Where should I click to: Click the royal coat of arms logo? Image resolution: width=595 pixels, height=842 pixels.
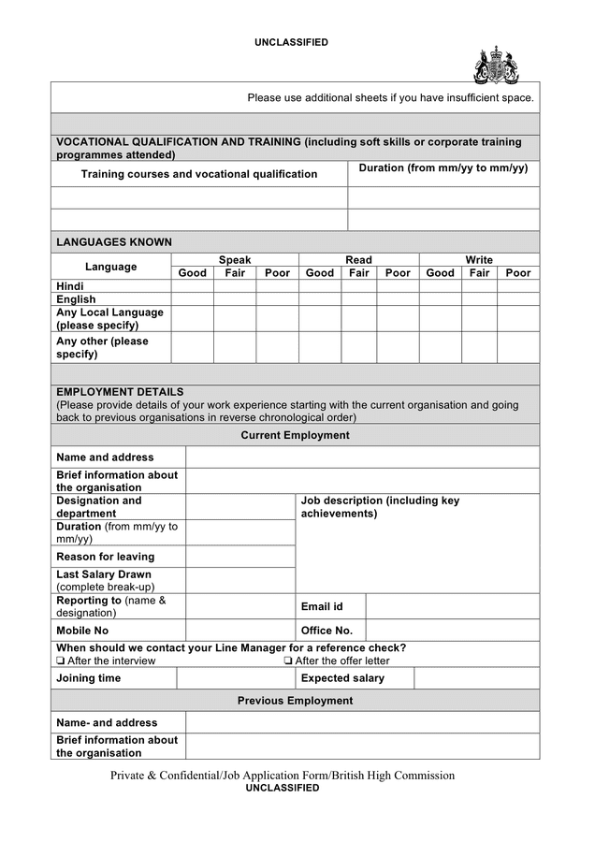(496, 65)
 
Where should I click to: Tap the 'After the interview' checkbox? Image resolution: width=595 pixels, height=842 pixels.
(61, 661)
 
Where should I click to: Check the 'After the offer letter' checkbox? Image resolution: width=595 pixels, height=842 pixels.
(288, 661)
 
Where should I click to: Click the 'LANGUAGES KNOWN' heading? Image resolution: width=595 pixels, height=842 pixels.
(114, 241)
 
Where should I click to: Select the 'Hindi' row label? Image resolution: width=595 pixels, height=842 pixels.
(70, 286)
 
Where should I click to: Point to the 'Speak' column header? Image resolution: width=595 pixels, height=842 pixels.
(235, 260)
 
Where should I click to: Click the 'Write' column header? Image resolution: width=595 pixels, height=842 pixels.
(479, 260)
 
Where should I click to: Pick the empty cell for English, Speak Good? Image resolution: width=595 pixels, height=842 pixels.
(192, 299)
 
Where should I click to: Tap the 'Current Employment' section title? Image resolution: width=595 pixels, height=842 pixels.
(295, 435)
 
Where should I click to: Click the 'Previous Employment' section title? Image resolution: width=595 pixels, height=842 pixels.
(295, 701)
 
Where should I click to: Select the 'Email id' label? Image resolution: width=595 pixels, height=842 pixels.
(322, 606)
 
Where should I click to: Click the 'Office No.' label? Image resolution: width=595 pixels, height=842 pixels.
(327, 631)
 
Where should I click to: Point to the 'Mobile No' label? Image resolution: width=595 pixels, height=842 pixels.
(82, 631)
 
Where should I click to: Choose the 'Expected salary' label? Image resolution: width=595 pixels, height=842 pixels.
(342, 678)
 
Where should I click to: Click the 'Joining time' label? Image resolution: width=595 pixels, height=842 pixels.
(88, 678)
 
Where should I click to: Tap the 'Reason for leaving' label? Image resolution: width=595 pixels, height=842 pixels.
(105, 557)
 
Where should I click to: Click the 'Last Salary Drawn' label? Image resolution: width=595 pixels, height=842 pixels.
(104, 574)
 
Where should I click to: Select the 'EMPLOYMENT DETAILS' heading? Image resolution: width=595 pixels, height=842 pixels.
(120, 392)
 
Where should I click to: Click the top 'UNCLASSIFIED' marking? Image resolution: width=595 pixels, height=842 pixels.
(291, 42)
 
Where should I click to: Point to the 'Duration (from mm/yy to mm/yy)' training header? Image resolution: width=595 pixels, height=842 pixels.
(443, 168)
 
